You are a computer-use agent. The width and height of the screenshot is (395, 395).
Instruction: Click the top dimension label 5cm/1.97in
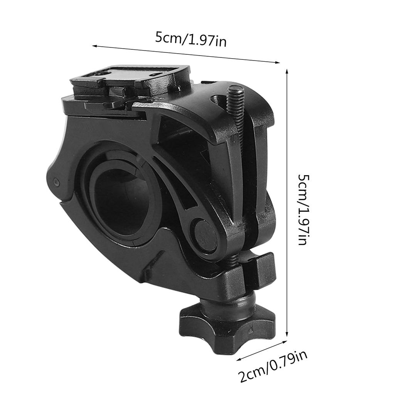click(191, 39)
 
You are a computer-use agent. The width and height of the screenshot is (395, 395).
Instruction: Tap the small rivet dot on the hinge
click(56, 181)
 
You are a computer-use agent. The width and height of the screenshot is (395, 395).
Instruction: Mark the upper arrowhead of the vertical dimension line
click(287, 72)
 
